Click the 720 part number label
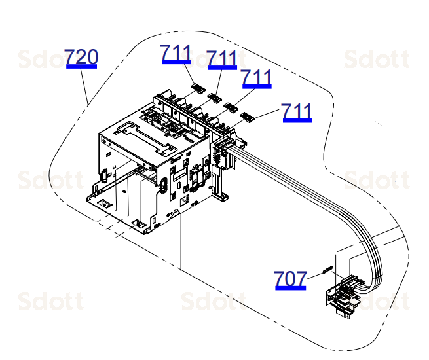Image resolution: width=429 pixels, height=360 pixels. pos(81,58)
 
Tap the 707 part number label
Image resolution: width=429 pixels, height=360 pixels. pos(290,279)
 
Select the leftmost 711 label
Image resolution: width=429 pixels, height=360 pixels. pos(176,54)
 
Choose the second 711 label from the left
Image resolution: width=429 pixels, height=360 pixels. pos(222,60)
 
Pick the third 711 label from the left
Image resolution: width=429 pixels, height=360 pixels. pos(257,79)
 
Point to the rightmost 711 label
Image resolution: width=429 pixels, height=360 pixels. pos(297,112)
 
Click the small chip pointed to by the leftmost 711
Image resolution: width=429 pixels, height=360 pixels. pos(198,88)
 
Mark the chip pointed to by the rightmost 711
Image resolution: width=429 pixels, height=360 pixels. pos(248,117)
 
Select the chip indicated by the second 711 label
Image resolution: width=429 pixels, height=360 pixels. pos(215,98)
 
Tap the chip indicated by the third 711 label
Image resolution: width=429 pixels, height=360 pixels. pos(231,107)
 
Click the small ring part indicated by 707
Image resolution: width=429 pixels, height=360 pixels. pos(327,270)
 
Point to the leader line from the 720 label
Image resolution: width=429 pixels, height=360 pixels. pos(84,86)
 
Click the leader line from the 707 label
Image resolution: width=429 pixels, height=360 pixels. pos(314,276)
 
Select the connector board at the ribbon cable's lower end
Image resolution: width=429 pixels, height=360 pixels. pos(343,297)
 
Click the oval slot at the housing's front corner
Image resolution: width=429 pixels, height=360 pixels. pos(163,185)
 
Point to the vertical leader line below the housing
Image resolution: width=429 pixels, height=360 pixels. pos(181,241)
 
